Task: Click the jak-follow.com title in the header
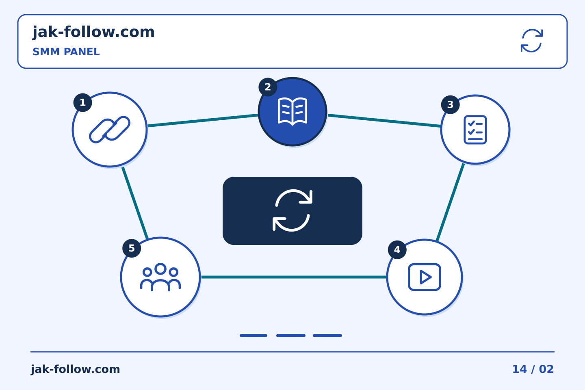pyautogui.click(x=93, y=32)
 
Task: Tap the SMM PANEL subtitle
pyautogui.click(x=66, y=52)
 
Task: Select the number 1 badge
pyautogui.click(x=82, y=102)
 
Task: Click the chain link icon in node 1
pyautogui.click(x=110, y=130)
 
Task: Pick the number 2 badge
pyautogui.click(x=268, y=87)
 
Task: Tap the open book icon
pyautogui.click(x=292, y=111)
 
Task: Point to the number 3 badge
pyautogui.click(x=450, y=104)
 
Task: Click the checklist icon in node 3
pyautogui.click(x=475, y=130)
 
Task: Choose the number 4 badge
pyautogui.click(x=397, y=250)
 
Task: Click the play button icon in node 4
pyautogui.click(x=425, y=277)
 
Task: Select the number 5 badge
pyautogui.click(x=132, y=248)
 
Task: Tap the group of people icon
pyautogui.click(x=160, y=277)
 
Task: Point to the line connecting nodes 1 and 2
pyautogui.click(x=203, y=120)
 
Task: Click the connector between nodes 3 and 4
pyautogui.click(x=451, y=202)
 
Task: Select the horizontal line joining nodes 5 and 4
pyautogui.click(x=294, y=277)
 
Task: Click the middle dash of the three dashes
pyautogui.click(x=291, y=336)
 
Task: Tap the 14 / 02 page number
pyautogui.click(x=533, y=369)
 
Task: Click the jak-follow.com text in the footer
pyautogui.click(x=75, y=369)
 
